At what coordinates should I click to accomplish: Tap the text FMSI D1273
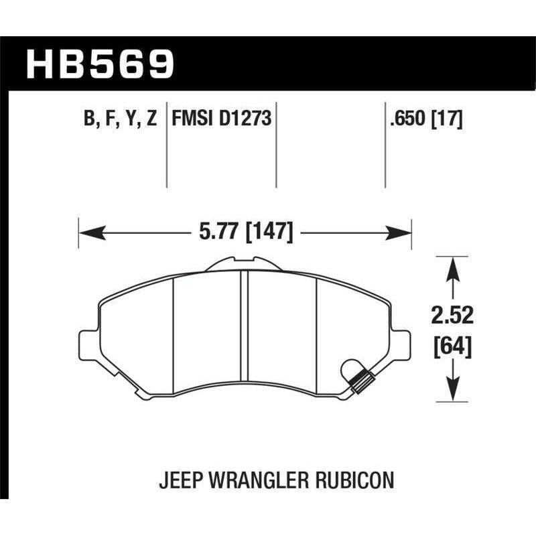point(221,120)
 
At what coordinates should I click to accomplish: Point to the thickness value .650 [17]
point(423,120)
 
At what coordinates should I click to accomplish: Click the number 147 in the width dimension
point(270,232)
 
